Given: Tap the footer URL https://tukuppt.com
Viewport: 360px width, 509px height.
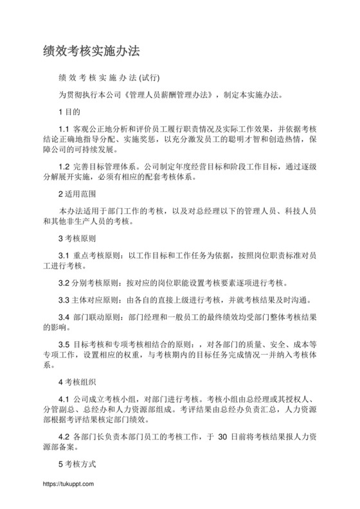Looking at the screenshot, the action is pyautogui.click(x=68, y=484).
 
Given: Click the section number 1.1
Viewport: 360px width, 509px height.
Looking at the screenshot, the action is pyautogui.click(x=64, y=130).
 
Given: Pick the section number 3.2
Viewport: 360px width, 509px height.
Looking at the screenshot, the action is pyautogui.click(x=64, y=283).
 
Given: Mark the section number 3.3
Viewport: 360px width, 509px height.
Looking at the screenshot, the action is pyautogui.click(x=64, y=300).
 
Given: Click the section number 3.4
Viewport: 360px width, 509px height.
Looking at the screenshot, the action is pyautogui.click(x=64, y=317).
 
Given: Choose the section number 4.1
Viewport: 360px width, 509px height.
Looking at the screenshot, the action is pyautogui.click(x=64, y=398).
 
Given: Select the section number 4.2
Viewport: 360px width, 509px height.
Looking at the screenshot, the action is pyautogui.click(x=64, y=436).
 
